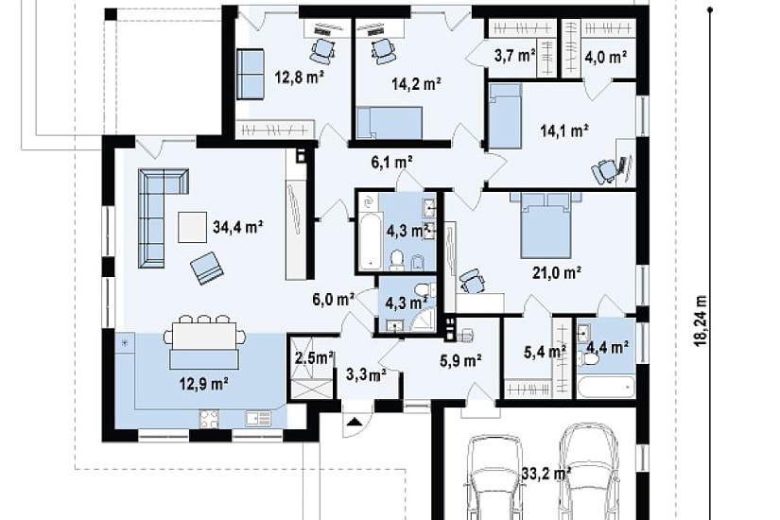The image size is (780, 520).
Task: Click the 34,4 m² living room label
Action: click(x=237, y=228)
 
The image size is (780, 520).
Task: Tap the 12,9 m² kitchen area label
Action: click(x=204, y=384)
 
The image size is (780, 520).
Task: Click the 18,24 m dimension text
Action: click(x=701, y=321)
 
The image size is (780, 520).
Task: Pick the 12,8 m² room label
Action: click(x=300, y=77)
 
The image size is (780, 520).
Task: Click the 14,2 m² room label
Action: click(x=416, y=83)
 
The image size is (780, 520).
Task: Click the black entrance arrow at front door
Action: click(x=355, y=423)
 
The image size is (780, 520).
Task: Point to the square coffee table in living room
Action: click(x=192, y=228)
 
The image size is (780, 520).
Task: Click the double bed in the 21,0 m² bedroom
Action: click(x=546, y=225)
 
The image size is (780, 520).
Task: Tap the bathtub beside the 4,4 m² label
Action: click(x=606, y=387)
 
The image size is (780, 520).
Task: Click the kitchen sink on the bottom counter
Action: click(x=259, y=419)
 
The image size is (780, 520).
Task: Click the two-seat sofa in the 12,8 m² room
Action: click(x=250, y=74)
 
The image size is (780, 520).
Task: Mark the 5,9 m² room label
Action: click(x=460, y=360)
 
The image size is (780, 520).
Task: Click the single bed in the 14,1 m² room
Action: click(x=505, y=115)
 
